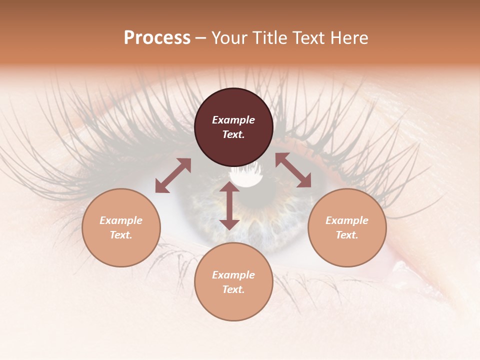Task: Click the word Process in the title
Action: point(157,38)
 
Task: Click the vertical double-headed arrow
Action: point(229,205)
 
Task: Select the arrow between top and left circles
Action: point(173,175)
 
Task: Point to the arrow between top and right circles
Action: point(293,170)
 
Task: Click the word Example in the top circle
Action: point(233,120)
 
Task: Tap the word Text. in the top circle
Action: point(233,134)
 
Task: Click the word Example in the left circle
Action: point(121,220)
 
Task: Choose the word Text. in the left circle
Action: point(121,235)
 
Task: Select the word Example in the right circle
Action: point(347,220)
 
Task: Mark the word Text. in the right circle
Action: point(347,235)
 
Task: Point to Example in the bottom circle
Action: point(233,275)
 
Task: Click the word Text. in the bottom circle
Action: point(233,289)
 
